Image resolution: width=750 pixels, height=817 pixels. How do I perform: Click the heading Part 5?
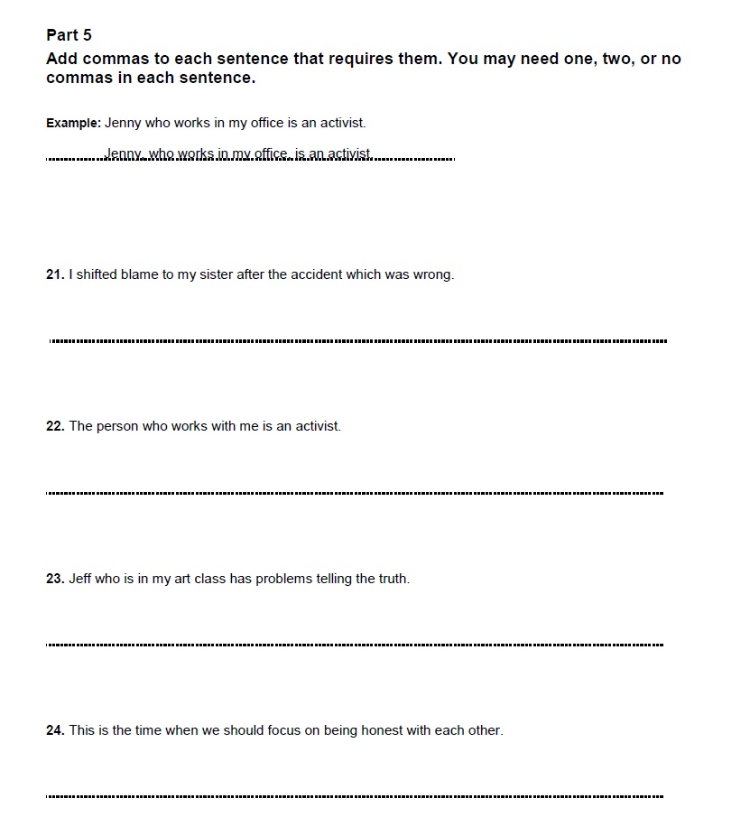[x=69, y=35]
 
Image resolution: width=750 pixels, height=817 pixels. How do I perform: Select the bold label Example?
[x=73, y=123]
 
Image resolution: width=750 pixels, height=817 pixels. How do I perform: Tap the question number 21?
[x=54, y=274]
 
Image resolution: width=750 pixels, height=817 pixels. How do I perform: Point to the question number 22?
[x=54, y=426]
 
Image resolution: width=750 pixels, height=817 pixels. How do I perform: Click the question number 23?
[x=54, y=579]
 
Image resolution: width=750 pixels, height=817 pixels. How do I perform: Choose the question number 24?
[x=54, y=730]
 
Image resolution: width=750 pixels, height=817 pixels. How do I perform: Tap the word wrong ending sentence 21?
[x=432, y=274]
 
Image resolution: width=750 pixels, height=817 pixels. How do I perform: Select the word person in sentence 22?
[x=117, y=426]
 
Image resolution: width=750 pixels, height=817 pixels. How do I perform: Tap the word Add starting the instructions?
[x=61, y=59]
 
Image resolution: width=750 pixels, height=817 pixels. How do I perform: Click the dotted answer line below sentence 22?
[x=354, y=493]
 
